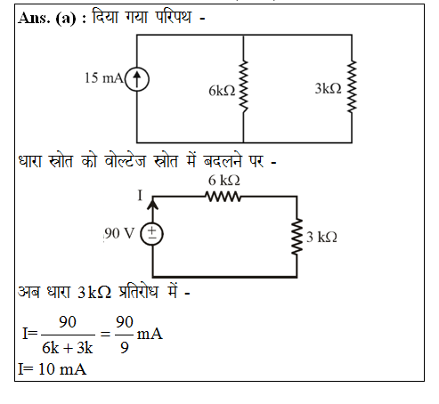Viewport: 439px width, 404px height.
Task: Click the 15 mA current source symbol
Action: point(137,79)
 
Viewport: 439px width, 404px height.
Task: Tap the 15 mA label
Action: point(104,78)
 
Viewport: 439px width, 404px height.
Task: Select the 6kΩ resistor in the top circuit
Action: point(243,86)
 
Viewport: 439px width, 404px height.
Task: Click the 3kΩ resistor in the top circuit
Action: point(352,86)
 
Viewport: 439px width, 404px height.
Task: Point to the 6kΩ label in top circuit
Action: point(222,91)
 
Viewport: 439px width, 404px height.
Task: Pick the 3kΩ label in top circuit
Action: point(329,88)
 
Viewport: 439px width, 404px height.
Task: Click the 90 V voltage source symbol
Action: point(151,234)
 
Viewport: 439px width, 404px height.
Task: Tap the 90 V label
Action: point(119,233)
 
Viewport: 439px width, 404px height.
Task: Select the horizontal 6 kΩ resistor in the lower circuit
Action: point(224,197)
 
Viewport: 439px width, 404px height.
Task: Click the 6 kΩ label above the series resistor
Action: point(224,181)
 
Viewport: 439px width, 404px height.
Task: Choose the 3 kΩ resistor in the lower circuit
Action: point(297,237)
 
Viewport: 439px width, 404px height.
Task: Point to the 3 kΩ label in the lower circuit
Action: point(321,238)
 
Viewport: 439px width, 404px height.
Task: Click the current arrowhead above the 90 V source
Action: point(153,205)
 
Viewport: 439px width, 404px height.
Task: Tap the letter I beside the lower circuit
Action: point(140,196)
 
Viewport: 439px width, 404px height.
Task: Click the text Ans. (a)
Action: point(47,19)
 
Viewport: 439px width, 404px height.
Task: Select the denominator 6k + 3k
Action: point(68,348)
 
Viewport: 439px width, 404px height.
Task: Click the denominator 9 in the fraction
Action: point(125,348)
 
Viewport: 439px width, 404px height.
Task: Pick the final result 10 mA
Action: point(62,369)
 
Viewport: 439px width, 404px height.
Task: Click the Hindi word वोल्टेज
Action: point(125,160)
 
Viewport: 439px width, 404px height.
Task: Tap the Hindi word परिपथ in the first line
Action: point(173,16)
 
